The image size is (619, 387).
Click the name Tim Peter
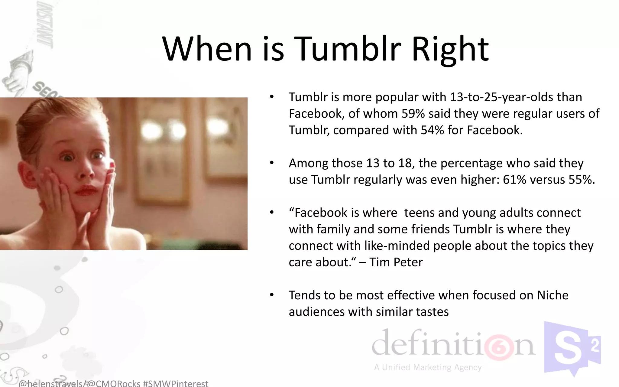click(x=396, y=262)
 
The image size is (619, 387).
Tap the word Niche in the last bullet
click(x=553, y=295)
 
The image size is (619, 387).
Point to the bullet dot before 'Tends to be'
click(x=272, y=295)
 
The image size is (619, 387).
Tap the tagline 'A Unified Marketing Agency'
click(x=427, y=367)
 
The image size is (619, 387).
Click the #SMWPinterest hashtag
click(x=175, y=383)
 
